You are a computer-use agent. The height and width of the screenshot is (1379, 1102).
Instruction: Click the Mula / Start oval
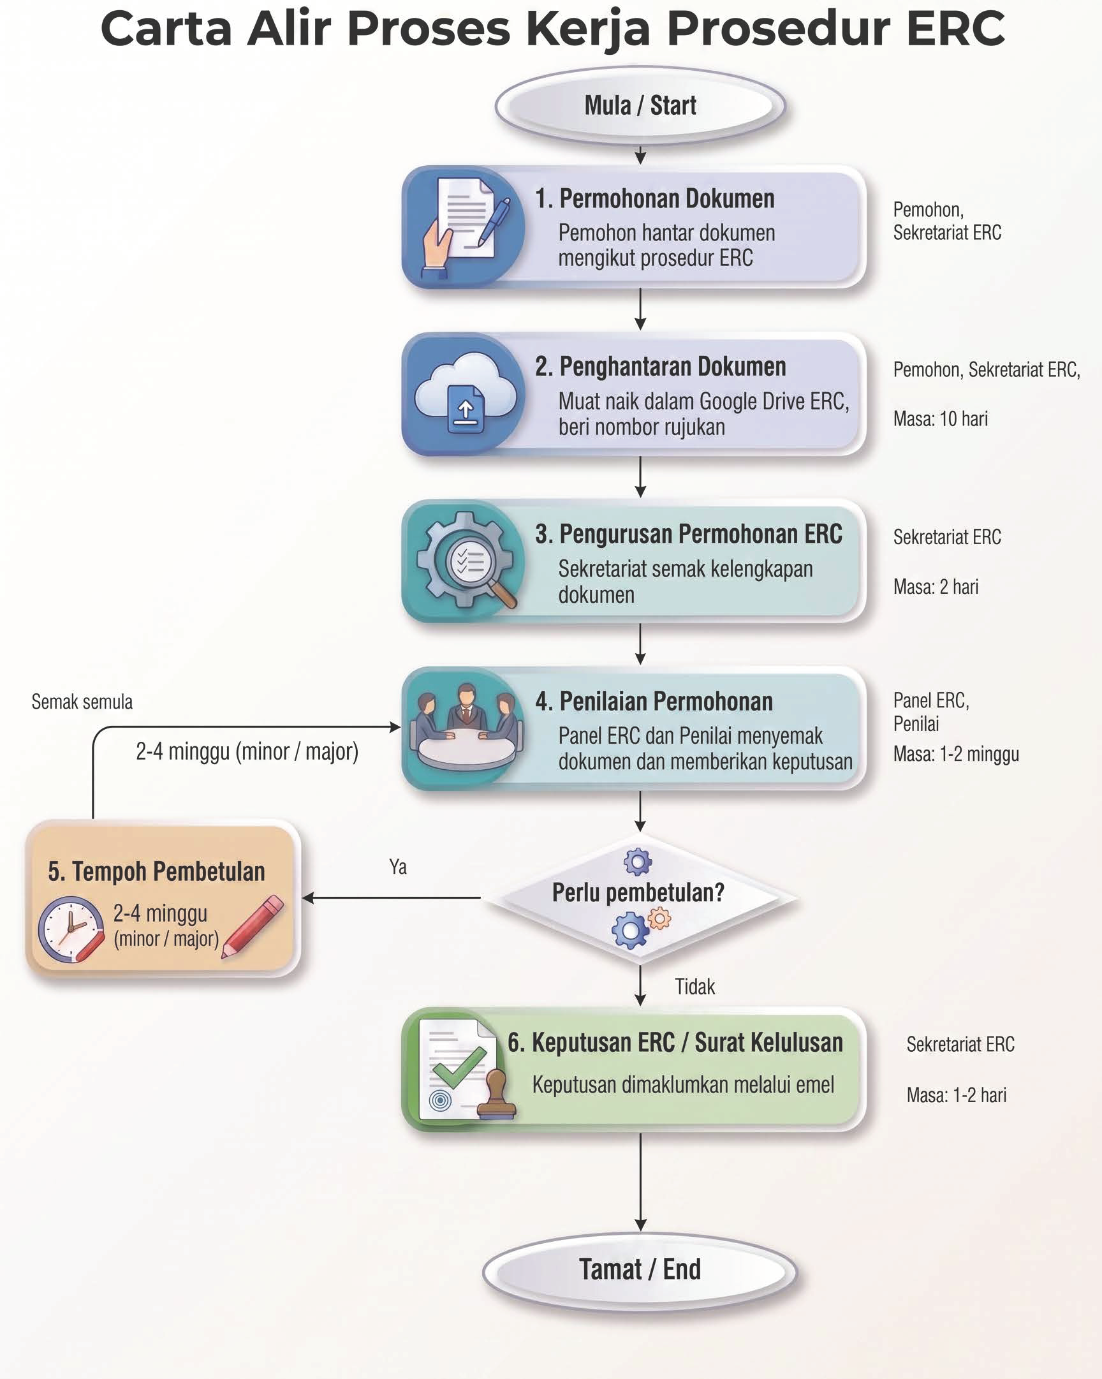pyautogui.click(x=640, y=105)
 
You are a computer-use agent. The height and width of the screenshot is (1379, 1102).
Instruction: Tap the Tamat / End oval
pyautogui.click(x=640, y=1269)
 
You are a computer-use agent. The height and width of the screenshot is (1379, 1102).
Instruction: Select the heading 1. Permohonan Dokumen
pyautogui.click(x=654, y=199)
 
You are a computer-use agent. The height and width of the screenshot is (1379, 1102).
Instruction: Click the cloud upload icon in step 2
pyautogui.click(x=466, y=393)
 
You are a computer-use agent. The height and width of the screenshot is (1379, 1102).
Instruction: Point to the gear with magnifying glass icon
pyautogui.click(x=466, y=559)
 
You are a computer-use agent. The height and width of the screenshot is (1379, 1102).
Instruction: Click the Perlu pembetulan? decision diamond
pyautogui.click(x=640, y=898)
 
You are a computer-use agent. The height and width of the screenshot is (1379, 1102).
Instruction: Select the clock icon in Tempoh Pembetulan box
pyautogui.click(x=71, y=929)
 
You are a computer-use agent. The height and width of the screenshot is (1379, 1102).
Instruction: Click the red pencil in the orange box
pyautogui.click(x=253, y=927)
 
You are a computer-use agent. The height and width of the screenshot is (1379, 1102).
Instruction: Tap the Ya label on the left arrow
pyautogui.click(x=398, y=867)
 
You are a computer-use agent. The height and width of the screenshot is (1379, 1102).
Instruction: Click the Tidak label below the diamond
pyautogui.click(x=694, y=987)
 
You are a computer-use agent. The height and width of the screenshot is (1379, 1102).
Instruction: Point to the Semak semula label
pyautogui.click(x=82, y=702)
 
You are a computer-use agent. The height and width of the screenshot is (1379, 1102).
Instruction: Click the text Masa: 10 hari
pyautogui.click(x=940, y=419)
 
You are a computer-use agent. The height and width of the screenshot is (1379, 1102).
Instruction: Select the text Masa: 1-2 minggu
pyautogui.click(x=956, y=754)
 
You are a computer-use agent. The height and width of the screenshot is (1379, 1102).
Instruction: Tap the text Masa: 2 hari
pyautogui.click(x=936, y=587)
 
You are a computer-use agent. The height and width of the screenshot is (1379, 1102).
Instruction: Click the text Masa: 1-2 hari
pyautogui.click(x=956, y=1095)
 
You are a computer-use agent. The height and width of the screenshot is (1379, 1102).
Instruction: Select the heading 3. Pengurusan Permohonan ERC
pyautogui.click(x=689, y=534)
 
